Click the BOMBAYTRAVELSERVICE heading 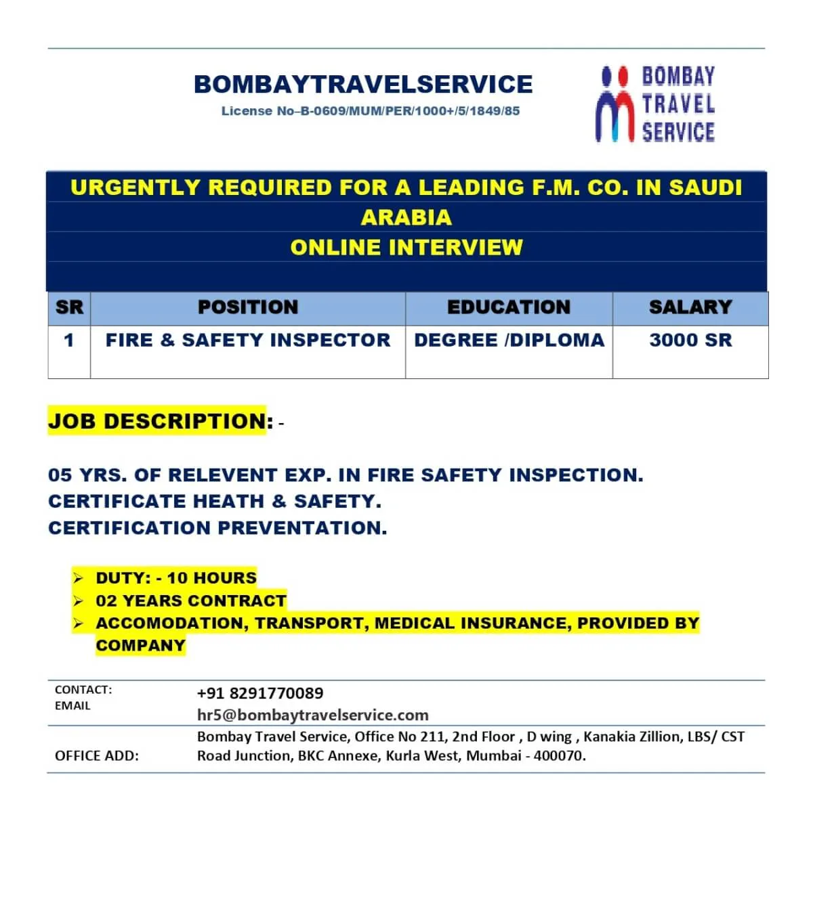[363, 84]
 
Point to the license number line [370, 111]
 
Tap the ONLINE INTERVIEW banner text [406, 247]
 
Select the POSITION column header [248, 307]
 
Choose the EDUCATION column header [509, 307]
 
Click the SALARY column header [690, 307]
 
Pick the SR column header [69, 307]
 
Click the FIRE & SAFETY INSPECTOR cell [248, 340]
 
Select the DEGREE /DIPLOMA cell [509, 340]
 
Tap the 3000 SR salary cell [690, 340]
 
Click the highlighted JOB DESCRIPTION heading [161, 421]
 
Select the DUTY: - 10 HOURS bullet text [176, 578]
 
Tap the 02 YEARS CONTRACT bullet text [190, 601]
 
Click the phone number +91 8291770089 [260, 693]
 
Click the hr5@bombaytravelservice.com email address [312, 715]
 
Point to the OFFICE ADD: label [97, 756]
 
